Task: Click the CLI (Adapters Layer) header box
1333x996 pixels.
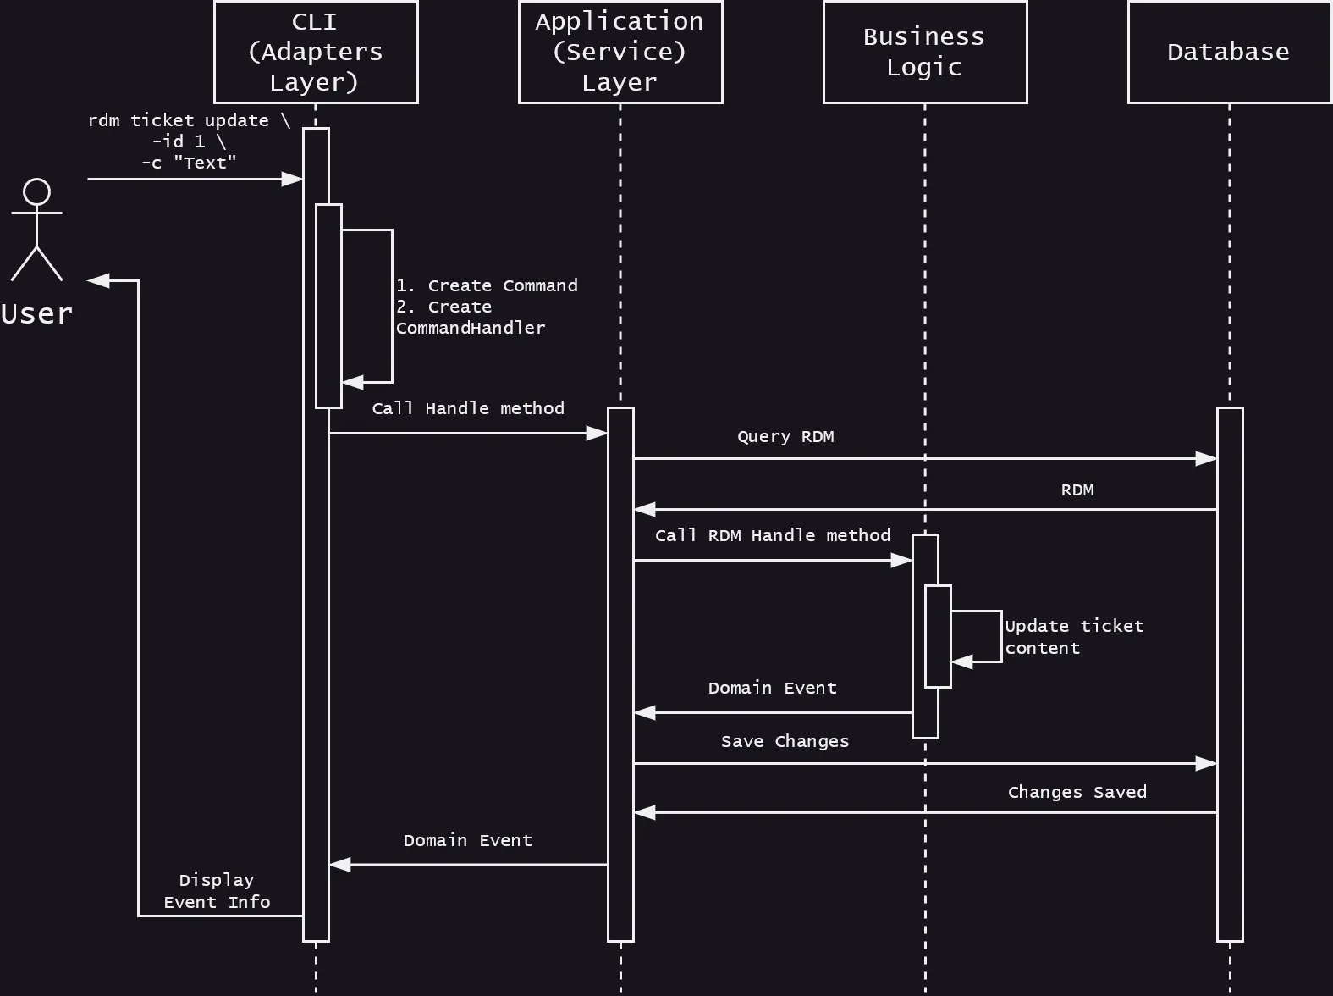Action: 316,52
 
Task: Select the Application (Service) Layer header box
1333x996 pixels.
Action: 620,52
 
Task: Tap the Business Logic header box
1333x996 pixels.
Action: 924,52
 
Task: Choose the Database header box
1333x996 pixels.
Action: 1229,52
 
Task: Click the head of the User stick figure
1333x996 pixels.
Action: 36,191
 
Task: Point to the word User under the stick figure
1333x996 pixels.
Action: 36,314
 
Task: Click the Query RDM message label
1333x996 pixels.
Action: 785,437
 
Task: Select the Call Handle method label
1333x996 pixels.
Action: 468,408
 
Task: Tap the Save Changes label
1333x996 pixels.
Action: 785,741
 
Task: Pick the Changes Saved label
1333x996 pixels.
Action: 1077,792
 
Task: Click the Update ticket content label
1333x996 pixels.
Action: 1073,637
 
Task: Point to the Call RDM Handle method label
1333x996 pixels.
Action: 772,535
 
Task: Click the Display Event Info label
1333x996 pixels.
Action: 217,891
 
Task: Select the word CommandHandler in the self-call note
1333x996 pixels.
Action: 471,329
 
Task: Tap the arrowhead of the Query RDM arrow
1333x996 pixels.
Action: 1207,459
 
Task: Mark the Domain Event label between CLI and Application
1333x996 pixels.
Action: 467,840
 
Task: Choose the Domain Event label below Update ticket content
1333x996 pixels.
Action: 772,688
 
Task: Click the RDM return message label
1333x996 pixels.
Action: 1077,490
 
